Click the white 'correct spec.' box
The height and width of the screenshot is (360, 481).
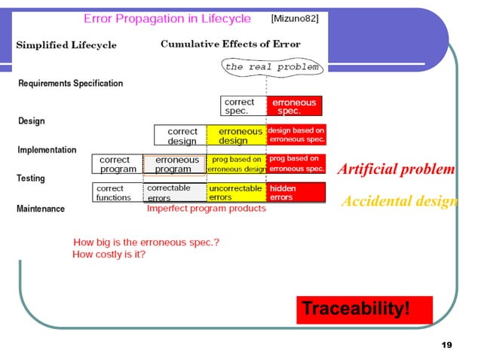244,106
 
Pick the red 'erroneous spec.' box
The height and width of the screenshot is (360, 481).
293,106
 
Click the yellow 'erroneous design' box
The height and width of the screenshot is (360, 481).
236,136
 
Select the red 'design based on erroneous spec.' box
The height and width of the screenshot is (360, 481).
296,136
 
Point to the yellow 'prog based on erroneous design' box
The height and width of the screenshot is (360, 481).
236,164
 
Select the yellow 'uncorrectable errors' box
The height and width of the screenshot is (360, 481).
236,193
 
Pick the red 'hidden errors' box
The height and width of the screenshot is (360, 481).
296,193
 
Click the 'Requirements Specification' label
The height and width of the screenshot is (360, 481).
70,84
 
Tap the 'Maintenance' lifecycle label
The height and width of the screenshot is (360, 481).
41,209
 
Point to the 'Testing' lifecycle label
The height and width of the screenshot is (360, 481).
31,178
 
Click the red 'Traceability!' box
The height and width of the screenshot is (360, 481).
364,309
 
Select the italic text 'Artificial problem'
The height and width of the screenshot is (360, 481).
396,169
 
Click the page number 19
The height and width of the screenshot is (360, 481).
446,345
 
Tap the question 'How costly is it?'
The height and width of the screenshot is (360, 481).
109,255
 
